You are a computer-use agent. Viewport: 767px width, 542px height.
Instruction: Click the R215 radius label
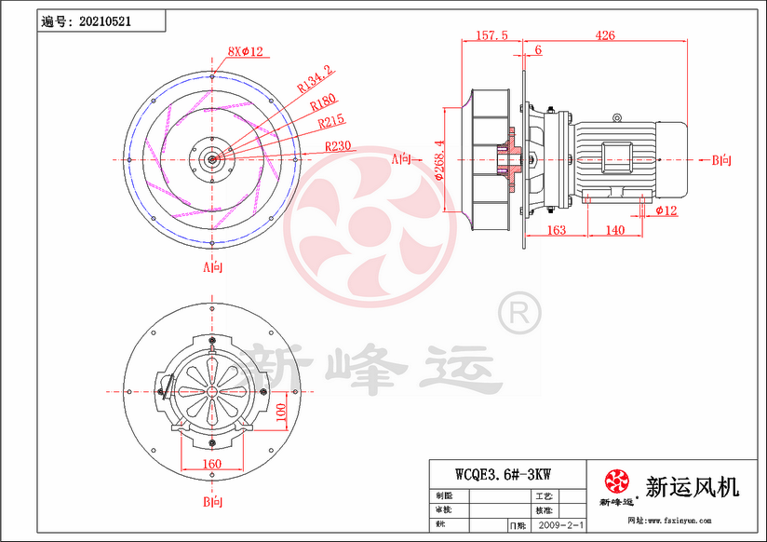point(331,121)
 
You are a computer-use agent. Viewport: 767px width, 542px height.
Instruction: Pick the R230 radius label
point(338,146)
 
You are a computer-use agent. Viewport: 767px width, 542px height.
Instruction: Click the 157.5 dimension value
point(491,35)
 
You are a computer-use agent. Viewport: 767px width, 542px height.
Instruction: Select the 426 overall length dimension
point(607,35)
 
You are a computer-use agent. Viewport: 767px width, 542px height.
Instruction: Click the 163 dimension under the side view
point(556,229)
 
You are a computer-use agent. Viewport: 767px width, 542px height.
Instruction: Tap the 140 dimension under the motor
point(614,229)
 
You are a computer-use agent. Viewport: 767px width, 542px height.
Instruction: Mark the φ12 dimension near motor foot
point(666,211)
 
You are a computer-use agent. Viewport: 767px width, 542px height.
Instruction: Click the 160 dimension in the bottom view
point(212,463)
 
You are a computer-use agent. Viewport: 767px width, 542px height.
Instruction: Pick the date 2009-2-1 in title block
point(560,525)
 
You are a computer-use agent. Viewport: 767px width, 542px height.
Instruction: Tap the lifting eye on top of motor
point(615,118)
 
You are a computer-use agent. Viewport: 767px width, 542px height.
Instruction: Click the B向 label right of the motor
point(721,160)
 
